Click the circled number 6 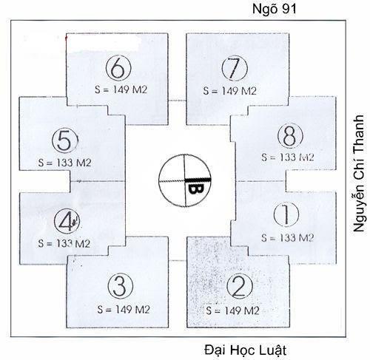point(118,68)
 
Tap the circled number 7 point(235,68)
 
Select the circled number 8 point(290,136)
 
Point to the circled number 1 point(286,214)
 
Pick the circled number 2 point(240,286)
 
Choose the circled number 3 point(121,286)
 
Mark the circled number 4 point(67,221)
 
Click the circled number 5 point(65,140)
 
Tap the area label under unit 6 point(121,89)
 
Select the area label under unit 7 point(230,91)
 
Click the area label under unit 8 point(288,157)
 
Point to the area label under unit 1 point(288,238)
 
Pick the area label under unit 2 point(232,310)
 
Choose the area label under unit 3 point(124,310)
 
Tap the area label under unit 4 point(64,243)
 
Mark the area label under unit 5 point(64,163)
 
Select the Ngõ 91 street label point(275,9)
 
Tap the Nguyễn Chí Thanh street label point(359,173)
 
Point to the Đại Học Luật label point(246,350)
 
